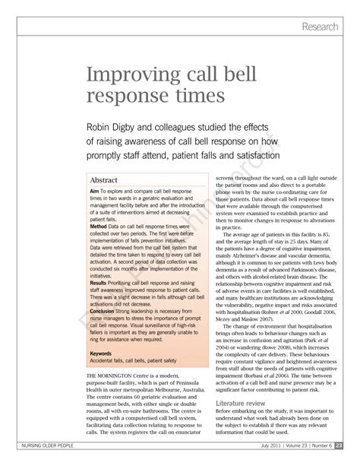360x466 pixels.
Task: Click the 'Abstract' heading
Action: pyautogui.click(x=109, y=180)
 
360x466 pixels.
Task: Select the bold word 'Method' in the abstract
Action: pyautogui.click(x=99, y=227)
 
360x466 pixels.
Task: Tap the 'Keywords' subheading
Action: pyautogui.click(x=103, y=353)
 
